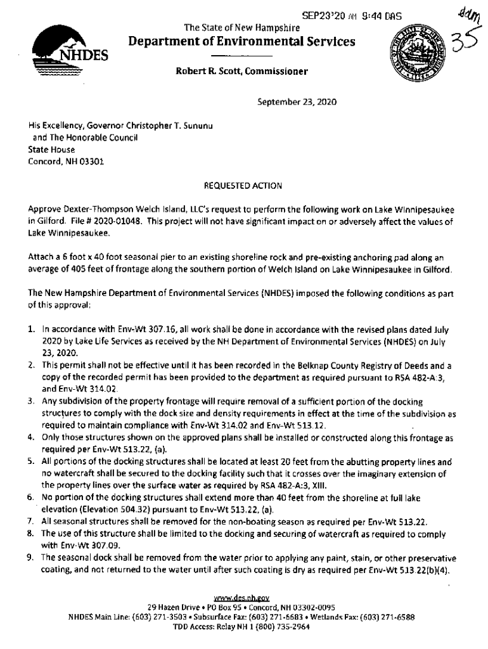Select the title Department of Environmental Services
[242, 42]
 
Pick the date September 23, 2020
[296, 101]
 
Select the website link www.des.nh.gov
[243, 597]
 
